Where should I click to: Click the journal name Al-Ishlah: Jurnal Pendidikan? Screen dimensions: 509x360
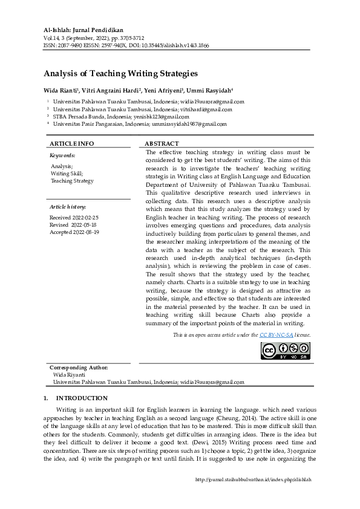(x=84, y=30)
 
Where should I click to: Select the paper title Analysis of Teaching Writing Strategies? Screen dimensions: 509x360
(x=120, y=74)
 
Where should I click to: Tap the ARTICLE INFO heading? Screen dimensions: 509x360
(x=71, y=143)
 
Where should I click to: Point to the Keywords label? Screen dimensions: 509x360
(x=62, y=155)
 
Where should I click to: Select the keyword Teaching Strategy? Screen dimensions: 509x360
(x=72, y=181)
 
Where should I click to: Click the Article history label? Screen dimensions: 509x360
(x=68, y=207)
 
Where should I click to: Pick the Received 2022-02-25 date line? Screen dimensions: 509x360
(x=74, y=217)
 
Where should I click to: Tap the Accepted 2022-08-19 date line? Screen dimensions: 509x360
(x=74, y=232)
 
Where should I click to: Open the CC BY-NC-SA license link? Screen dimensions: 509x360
(x=277, y=334)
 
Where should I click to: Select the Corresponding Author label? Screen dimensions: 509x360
(x=79, y=368)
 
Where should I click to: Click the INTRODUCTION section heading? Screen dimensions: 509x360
(x=82, y=398)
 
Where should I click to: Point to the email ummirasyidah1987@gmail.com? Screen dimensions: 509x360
(x=189, y=124)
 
